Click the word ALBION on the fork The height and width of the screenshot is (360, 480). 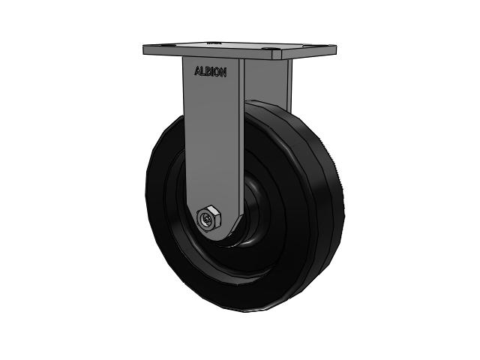(x=210, y=73)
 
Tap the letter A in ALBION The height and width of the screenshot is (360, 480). (x=198, y=73)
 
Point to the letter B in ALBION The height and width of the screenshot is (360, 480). (x=208, y=73)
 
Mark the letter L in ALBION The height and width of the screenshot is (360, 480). (x=203, y=73)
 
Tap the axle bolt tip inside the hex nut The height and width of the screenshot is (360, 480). (x=205, y=219)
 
